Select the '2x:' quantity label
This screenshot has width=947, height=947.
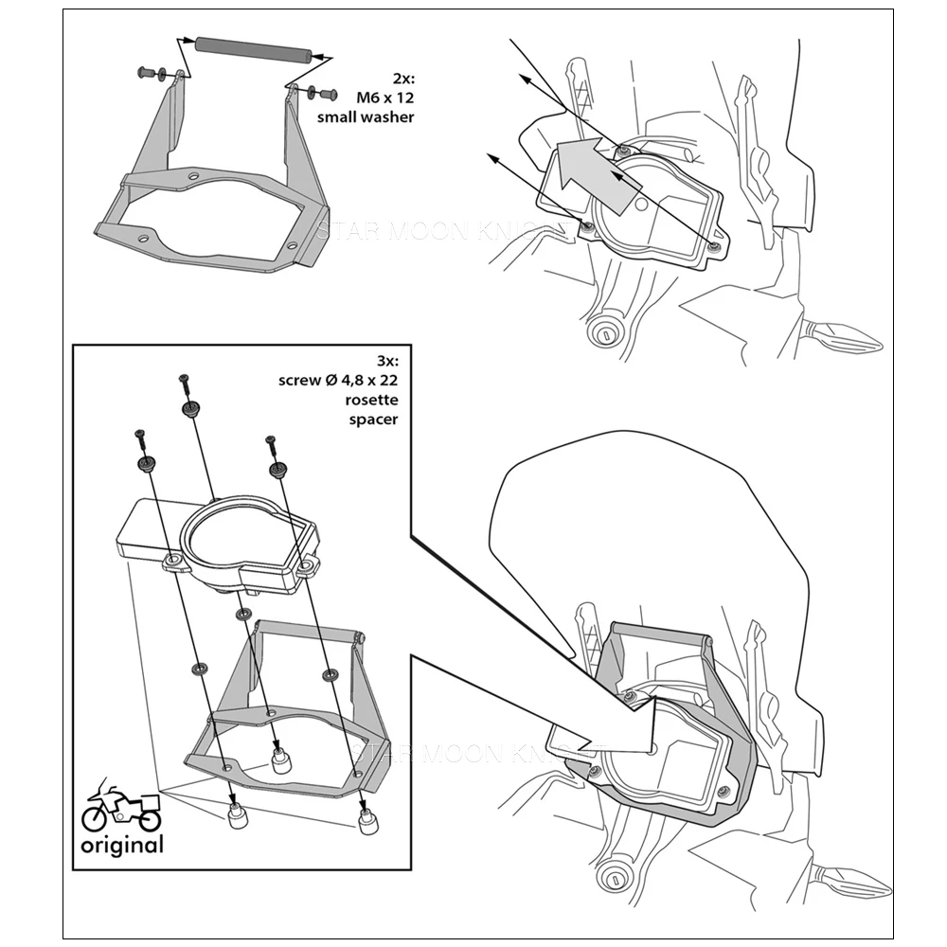coord(402,80)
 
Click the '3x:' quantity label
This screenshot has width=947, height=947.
coord(386,362)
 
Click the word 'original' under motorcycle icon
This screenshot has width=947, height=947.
coord(120,845)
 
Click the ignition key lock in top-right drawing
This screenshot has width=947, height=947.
coord(601,333)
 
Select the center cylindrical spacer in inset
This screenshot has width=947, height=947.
coord(280,760)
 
